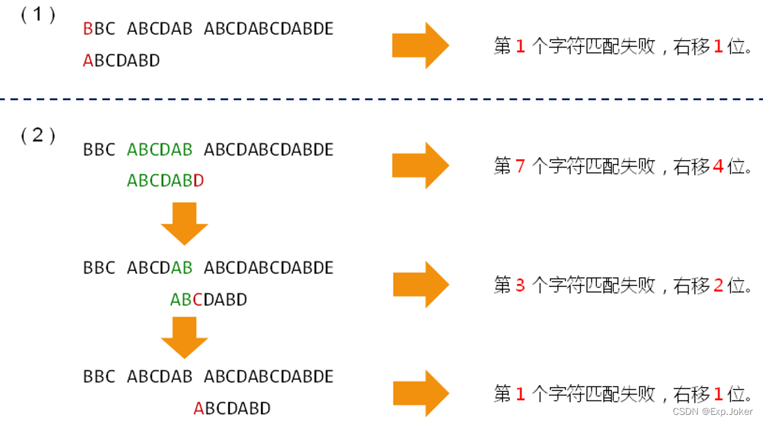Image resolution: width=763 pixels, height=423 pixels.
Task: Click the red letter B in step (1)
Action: (x=87, y=29)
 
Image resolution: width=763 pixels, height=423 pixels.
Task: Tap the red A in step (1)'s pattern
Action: (x=87, y=61)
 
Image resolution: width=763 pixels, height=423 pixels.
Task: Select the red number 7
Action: (x=520, y=166)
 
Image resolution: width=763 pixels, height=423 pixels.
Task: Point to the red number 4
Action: (x=718, y=166)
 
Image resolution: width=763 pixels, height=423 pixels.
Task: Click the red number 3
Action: (x=520, y=285)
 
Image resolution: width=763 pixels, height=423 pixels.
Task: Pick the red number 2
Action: (x=718, y=285)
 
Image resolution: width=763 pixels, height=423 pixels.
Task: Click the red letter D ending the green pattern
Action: (x=198, y=181)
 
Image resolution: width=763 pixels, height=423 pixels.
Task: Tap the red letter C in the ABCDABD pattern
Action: (x=197, y=299)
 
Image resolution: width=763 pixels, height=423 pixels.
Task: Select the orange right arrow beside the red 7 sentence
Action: (x=420, y=165)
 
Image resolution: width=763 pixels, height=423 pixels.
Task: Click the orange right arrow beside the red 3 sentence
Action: (x=420, y=285)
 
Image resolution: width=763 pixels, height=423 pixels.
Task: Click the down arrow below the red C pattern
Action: (x=184, y=338)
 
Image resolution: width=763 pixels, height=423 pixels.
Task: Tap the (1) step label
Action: (x=38, y=16)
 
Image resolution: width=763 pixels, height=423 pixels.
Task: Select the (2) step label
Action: (x=38, y=136)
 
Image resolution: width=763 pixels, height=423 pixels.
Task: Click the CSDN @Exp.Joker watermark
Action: (x=711, y=411)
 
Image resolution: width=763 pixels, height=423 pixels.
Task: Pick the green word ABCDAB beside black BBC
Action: (x=159, y=149)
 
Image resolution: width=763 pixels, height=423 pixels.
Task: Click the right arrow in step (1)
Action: (x=420, y=45)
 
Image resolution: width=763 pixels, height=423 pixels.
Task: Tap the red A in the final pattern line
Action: (x=199, y=408)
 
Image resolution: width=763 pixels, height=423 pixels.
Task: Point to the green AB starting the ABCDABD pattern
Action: (x=181, y=299)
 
